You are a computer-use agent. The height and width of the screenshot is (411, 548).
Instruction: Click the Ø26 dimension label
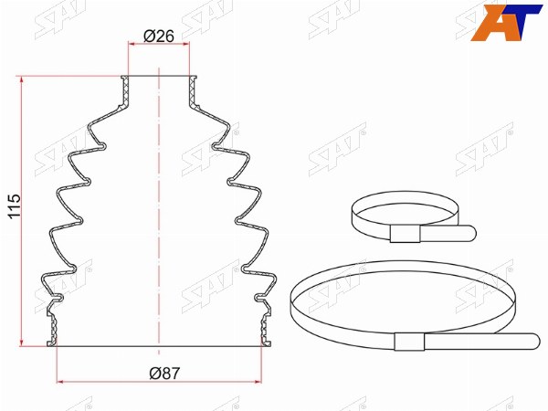click(159, 36)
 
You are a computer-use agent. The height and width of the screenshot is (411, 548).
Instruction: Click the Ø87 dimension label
click(164, 373)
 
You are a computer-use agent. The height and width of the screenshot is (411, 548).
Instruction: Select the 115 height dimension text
click(15, 206)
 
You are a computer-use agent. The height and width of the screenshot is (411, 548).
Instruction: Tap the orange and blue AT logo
click(505, 23)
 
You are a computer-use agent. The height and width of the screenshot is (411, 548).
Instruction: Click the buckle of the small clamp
click(405, 234)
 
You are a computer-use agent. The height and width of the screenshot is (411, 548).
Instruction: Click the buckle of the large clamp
click(409, 342)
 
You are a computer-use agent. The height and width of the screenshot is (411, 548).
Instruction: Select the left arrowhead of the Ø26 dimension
click(132, 44)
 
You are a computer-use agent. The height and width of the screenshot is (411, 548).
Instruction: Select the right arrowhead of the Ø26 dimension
click(186, 44)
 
